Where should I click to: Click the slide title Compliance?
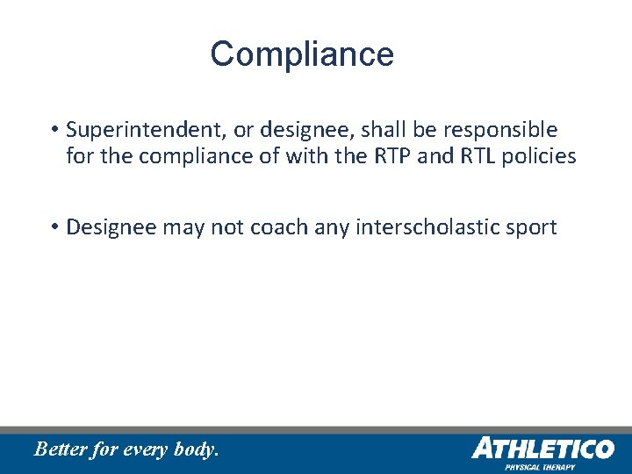click(x=302, y=54)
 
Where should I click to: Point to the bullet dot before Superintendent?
click(x=54, y=131)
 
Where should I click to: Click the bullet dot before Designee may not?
click(x=54, y=228)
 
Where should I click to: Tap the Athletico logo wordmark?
click(x=542, y=449)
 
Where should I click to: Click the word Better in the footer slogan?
click(x=61, y=449)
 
